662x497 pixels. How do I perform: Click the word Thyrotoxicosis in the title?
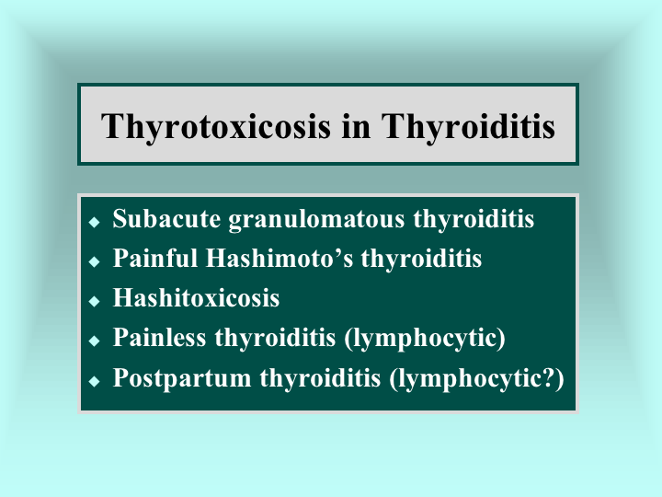[216, 128]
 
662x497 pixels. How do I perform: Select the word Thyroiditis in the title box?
[468, 128]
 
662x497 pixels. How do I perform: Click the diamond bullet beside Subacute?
[94, 222]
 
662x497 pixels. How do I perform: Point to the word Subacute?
[166, 219]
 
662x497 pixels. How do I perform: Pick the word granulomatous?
[316, 221]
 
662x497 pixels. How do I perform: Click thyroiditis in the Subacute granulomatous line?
[474, 220]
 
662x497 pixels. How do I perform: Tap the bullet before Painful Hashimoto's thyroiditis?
[94, 261]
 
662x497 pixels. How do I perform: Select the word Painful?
[155, 258]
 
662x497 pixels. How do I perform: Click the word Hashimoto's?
[280, 258]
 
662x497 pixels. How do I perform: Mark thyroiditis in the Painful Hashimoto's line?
[421, 260]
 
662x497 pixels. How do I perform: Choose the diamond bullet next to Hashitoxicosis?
[94, 301]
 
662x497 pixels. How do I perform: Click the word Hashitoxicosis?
[196, 297]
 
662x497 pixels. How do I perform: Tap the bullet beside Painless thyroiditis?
[94, 341]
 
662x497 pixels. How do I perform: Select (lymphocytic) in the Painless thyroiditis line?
[425, 339]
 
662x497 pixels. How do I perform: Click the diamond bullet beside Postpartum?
[94, 381]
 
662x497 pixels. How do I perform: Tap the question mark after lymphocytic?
[547, 377]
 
